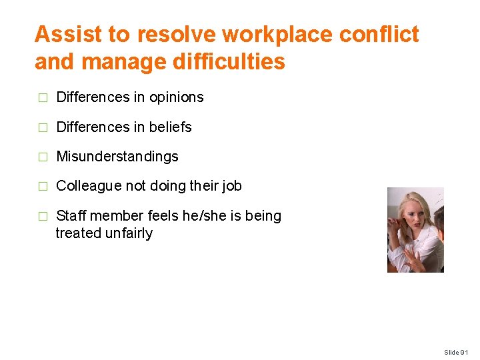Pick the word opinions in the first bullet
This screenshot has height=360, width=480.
(177, 97)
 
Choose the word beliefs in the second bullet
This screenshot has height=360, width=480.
(170, 127)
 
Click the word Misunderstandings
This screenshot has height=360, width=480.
(117, 157)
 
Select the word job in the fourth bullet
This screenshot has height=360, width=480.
(231, 186)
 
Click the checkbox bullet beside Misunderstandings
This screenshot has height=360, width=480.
(43, 157)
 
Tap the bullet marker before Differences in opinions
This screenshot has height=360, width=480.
(43, 98)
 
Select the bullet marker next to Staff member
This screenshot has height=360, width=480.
(43, 217)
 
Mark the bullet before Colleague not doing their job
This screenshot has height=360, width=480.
(43, 187)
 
